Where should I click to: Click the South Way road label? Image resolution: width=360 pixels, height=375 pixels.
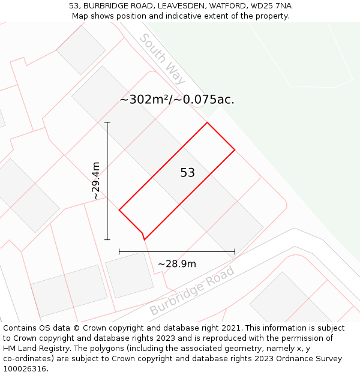tap(162, 59)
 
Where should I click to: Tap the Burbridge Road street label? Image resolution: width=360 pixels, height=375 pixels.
tap(191, 290)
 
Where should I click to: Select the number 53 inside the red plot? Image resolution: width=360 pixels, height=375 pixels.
tap(188, 173)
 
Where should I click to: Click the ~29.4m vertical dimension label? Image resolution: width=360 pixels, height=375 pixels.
tap(96, 181)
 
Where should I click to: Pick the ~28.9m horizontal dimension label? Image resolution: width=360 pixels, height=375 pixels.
tap(177, 263)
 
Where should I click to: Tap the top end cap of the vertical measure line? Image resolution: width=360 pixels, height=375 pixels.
tap(107, 122)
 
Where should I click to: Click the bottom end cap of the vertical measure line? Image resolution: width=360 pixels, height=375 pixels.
tap(107, 239)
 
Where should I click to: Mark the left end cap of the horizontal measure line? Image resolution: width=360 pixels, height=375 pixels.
tap(119, 252)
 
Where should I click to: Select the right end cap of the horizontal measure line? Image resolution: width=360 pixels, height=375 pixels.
tap(235, 252)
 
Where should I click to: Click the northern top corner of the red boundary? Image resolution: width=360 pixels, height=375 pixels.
tap(207, 123)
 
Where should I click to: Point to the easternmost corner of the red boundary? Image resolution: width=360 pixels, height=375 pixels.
tap(235, 149)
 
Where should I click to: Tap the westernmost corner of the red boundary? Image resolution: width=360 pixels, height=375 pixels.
tap(119, 210)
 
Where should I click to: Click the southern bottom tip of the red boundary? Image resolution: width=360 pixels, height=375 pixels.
tap(144, 239)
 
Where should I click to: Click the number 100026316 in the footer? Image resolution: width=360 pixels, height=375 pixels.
tap(23, 368)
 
